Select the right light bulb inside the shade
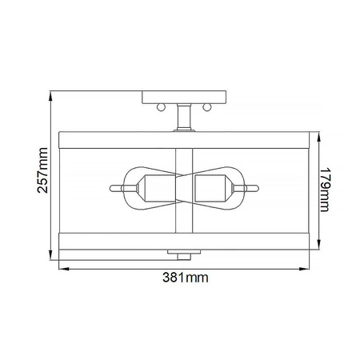click(214, 189)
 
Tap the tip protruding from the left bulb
click(115, 190)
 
